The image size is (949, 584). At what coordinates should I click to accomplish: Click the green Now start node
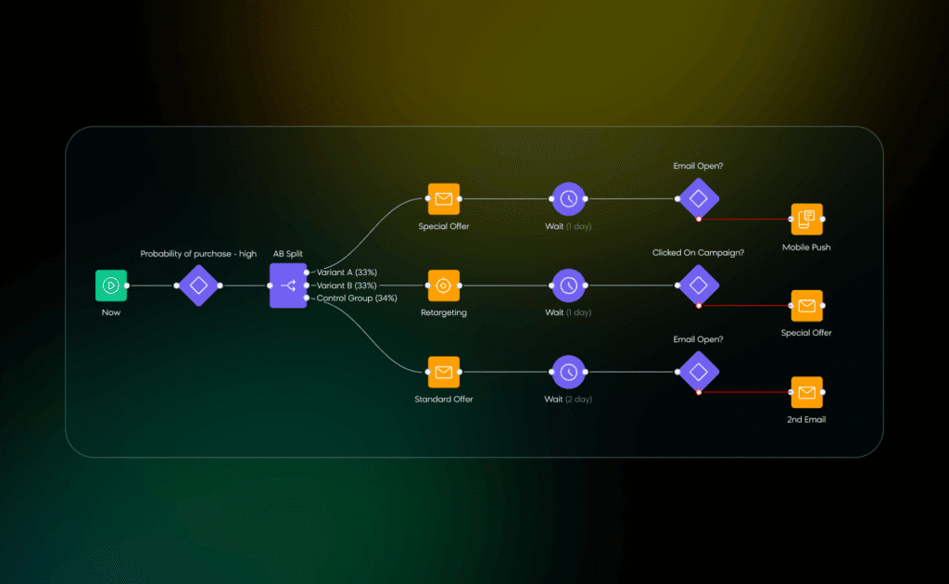coord(110,286)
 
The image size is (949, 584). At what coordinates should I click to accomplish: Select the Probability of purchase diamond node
coord(198,286)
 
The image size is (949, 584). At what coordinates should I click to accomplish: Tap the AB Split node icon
coord(287,286)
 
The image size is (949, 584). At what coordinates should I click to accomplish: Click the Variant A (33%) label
coord(347,273)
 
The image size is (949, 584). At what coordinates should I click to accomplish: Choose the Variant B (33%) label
coord(347,286)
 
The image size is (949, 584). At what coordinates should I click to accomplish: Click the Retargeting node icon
coord(443,286)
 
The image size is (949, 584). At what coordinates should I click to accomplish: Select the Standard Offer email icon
coord(443,372)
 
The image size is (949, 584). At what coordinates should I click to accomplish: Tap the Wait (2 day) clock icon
coord(568,372)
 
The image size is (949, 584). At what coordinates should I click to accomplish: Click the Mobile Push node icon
coord(806,220)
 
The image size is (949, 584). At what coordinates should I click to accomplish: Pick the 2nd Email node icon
coord(806,393)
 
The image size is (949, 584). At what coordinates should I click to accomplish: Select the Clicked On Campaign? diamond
coord(698,285)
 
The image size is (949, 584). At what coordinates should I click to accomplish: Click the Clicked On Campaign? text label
coord(698,252)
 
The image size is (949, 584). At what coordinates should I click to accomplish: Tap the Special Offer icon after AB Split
coord(443,198)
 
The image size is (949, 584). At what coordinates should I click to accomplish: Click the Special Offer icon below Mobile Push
coord(806,306)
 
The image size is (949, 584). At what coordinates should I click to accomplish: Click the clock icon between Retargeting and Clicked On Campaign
coord(568,286)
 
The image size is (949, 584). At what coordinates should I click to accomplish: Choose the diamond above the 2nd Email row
coord(698,372)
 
